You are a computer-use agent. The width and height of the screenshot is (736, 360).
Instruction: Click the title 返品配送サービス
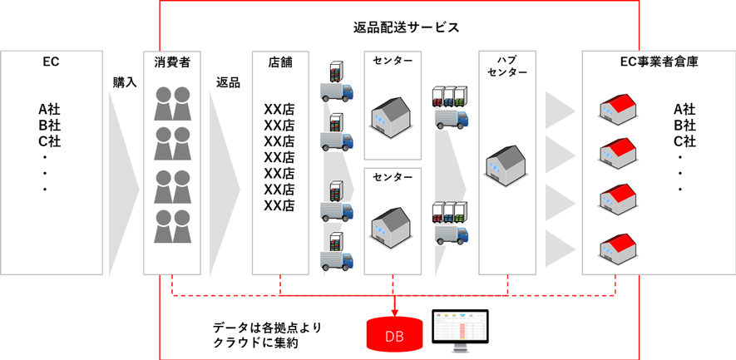point(407,27)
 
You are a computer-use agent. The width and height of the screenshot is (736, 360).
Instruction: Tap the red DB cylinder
point(393,334)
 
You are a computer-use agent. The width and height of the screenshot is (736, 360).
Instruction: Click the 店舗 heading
point(280,62)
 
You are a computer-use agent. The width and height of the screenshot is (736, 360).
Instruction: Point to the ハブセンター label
point(506,66)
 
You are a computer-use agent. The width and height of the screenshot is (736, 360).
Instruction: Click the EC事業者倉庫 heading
point(659,62)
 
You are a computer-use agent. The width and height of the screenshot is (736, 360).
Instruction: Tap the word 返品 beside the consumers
point(228,82)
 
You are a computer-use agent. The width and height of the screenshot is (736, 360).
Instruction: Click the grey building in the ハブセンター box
point(506,163)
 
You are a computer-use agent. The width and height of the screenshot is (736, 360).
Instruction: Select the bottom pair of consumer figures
point(173,225)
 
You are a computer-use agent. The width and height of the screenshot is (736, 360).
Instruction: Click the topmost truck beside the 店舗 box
point(337,83)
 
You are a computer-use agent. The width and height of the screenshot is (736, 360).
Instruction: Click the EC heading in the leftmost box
point(51,62)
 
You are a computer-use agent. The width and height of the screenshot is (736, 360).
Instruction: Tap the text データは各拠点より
point(267,327)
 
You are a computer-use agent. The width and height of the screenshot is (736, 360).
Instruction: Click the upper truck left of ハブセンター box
point(450,107)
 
